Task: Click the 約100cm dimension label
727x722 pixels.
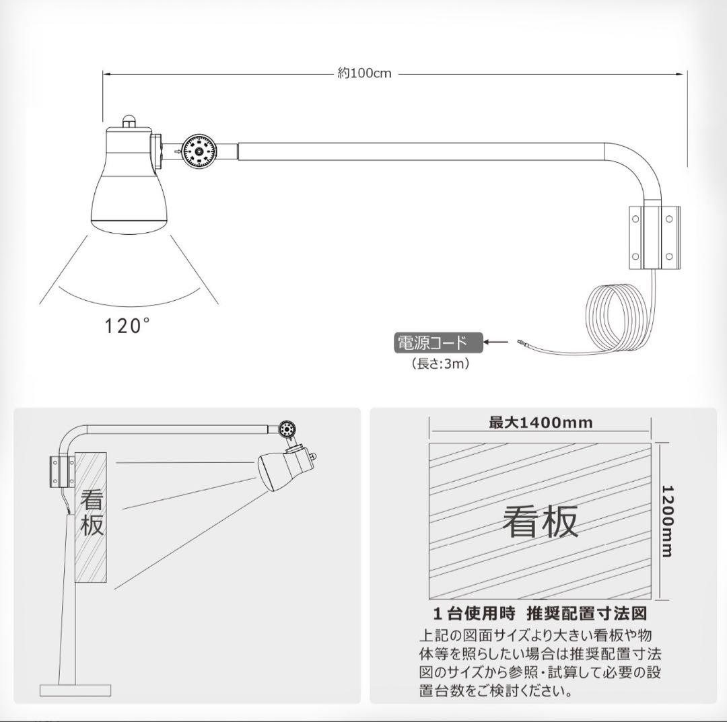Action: click(x=364, y=73)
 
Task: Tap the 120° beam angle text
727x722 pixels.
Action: click(x=127, y=326)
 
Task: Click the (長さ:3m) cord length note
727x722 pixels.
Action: click(x=440, y=363)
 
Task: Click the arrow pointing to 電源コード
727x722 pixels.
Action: click(x=496, y=342)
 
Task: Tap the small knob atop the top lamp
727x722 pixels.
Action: click(x=129, y=121)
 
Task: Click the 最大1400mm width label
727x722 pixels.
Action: click(x=541, y=423)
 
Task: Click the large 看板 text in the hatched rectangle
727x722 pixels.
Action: click(x=540, y=521)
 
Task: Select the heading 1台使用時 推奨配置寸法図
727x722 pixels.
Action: click(x=540, y=614)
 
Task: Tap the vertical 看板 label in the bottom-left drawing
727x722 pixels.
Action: click(x=92, y=513)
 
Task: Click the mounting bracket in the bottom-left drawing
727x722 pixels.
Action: click(x=61, y=472)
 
